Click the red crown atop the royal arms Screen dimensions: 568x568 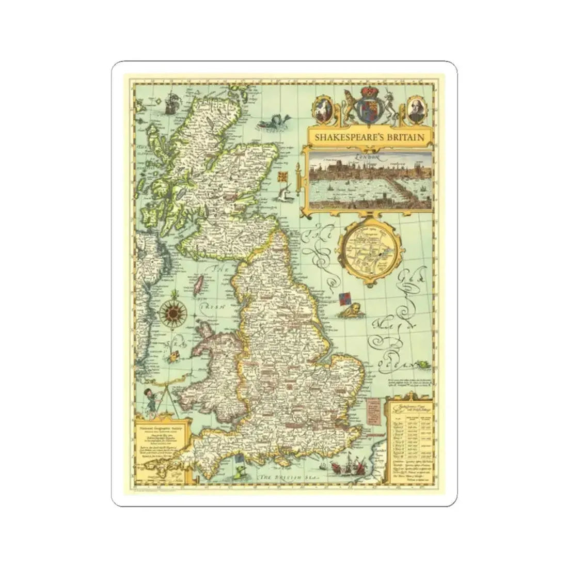click(x=369, y=93)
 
